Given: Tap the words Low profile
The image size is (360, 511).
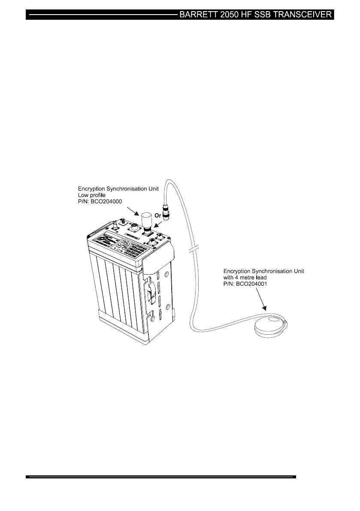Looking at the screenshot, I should pos(91,194).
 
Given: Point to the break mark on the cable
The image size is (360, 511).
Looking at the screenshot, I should pos(194,249).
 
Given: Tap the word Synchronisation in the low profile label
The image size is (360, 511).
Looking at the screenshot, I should pos(120,188).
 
